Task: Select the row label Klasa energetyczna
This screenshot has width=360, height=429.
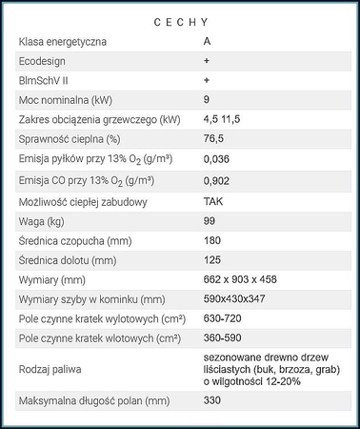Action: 63,42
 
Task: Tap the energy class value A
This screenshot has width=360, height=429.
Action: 208,42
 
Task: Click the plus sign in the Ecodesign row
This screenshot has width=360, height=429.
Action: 207,60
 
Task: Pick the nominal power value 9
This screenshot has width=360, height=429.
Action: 207,99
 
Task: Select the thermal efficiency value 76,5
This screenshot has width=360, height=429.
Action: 215,138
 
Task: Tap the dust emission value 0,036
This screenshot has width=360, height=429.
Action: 218,158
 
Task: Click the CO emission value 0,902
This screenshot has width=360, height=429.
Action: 218,180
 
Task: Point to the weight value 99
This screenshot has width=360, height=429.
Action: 210,221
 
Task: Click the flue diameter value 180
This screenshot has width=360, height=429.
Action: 212,240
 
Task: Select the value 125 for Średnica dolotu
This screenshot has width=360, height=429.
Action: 212,259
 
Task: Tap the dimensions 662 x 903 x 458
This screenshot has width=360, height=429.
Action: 240,279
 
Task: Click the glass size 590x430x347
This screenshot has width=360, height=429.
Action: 236,299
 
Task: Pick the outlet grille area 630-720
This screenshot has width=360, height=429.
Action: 224,319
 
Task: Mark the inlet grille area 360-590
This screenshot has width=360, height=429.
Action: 226,338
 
